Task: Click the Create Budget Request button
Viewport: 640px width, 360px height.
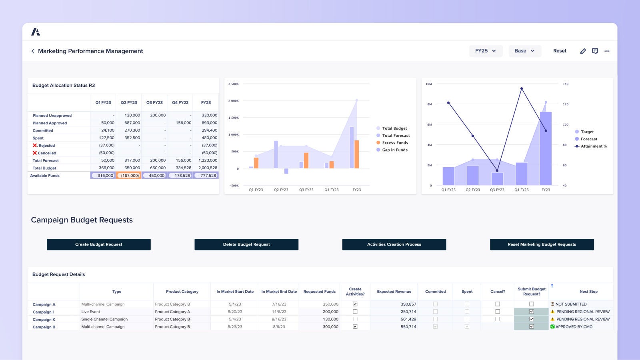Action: (98, 244)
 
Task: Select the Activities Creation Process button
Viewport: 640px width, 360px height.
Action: (394, 244)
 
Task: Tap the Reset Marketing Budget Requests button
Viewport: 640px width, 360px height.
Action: (542, 244)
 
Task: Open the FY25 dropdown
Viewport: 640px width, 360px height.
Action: (486, 51)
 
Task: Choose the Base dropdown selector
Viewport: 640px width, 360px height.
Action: (524, 51)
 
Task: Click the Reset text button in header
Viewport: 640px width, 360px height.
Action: (560, 51)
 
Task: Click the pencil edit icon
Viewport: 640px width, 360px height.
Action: (583, 51)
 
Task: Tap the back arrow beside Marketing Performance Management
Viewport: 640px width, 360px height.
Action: (33, 51)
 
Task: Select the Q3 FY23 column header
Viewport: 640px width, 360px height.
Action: (154, 103)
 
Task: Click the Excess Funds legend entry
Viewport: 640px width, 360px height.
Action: (395, 143)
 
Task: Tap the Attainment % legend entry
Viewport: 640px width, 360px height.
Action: (594, 146)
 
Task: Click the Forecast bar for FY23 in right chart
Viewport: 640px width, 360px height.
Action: (546, 148)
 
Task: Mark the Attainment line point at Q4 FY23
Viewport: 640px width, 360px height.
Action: (522, 89)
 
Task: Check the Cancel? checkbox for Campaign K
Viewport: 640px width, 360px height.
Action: (498, 319)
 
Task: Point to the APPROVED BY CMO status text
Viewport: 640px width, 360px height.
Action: (574, 327)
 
